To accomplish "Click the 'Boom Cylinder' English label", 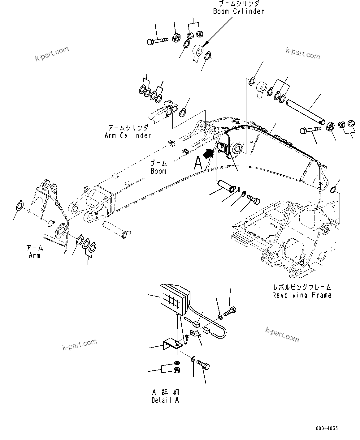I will (238, 11).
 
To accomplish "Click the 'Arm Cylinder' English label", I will (128, 135).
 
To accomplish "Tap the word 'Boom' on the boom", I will (158, 171).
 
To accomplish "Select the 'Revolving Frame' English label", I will (301, 295).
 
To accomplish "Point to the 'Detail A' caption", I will (165, 400).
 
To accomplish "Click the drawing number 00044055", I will (327, 429).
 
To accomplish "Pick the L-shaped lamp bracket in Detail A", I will (172, 344).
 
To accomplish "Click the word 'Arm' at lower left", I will (34, 255).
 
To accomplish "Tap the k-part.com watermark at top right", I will (302, 53).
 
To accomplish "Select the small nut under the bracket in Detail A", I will (177, 370).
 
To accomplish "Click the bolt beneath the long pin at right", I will (312, 130).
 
